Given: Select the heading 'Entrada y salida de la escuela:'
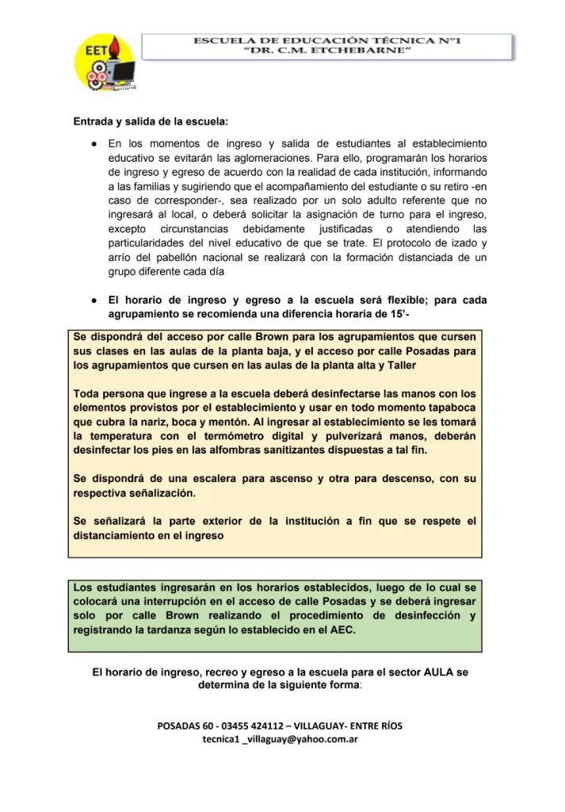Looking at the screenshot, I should pyautogui.click(x=151, y=122).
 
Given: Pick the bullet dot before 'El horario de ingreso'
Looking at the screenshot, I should pyautogui.click(x=94, y=301).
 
